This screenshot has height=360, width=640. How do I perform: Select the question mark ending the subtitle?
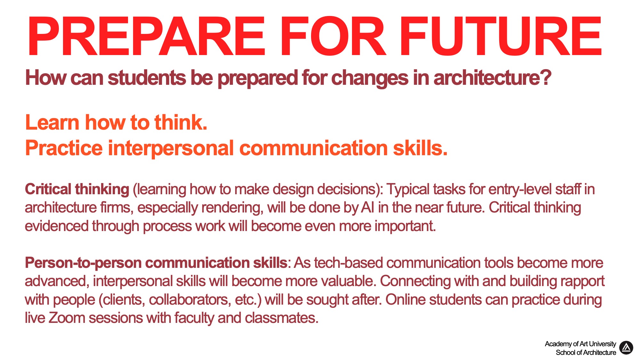pyautogui.click(x=546, y=77)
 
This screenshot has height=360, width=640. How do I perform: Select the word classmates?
pyautogui.click(x=282, y=318)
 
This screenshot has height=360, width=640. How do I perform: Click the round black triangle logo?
pyautogui.click(x=626, y=348)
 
